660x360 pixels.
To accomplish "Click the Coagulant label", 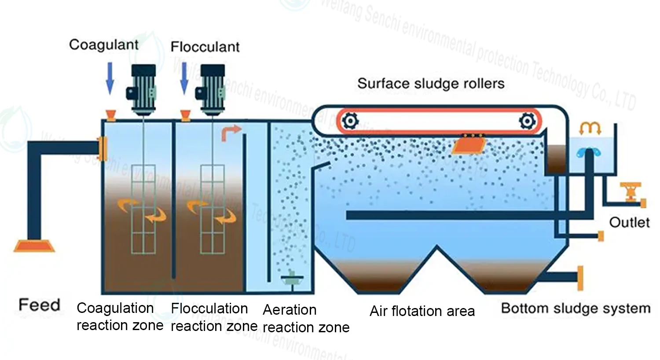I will tap(104, 44).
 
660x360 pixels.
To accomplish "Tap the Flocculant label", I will tap(205, 47).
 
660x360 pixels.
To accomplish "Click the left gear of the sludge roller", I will tap(350, 120).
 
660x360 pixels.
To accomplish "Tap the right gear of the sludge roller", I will tap(527, 120).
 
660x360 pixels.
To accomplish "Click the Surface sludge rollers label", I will tap(431, 83).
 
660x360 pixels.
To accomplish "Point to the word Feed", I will tap(39, 305).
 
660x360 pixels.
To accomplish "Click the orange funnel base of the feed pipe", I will tap(34, 246).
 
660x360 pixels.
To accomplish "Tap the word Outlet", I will tap(629, 222).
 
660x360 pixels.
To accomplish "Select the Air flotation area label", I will tap(422, 311).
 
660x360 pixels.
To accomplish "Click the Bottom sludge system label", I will tap(576, 308).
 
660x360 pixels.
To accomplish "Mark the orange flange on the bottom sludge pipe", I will tap(580, 278).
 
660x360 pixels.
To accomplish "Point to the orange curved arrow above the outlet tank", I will tap(590, 128).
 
